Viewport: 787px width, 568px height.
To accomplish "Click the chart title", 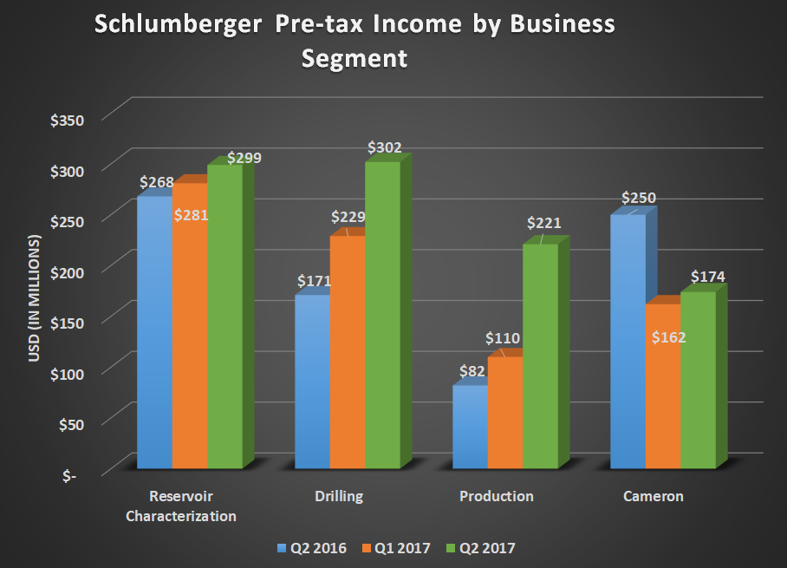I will coord(354,41).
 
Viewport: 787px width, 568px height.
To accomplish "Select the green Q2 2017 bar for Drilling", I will coord(382,317).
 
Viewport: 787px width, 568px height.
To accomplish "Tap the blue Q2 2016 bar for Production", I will coord(471,428).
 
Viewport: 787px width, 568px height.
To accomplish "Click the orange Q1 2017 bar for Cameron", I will coord(663,390).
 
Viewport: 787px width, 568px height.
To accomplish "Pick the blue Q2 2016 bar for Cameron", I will coord(628,343).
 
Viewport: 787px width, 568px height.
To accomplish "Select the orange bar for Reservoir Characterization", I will coord(190,330).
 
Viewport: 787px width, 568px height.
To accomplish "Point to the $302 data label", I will coord(385,147).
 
